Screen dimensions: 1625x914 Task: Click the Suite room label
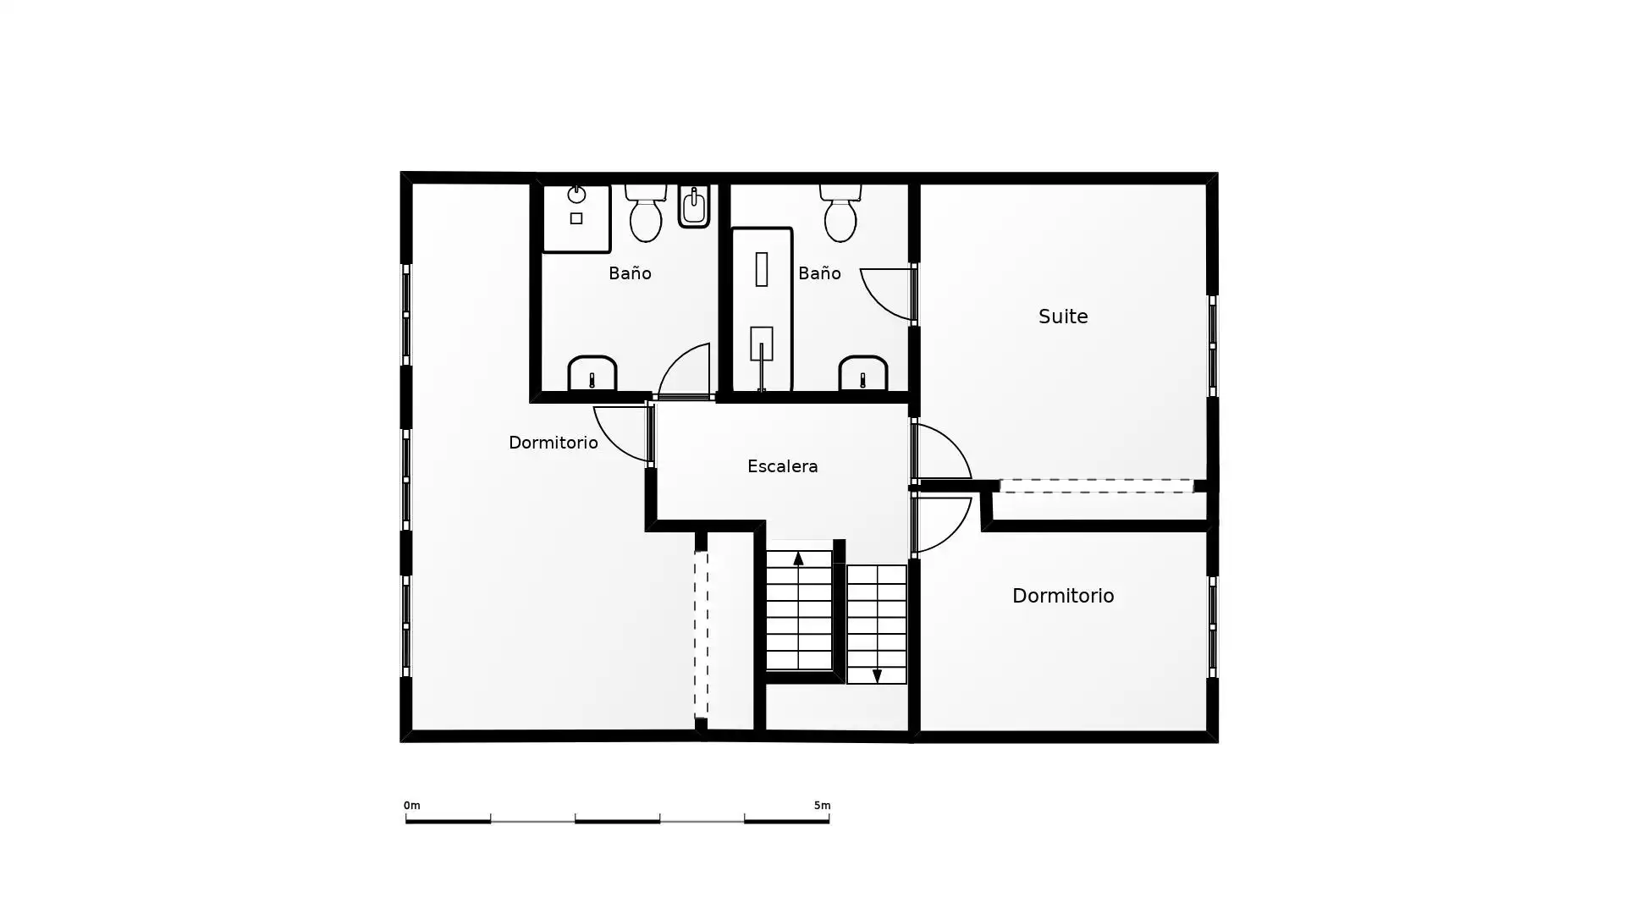pyautogui.click(x=1063, y=317)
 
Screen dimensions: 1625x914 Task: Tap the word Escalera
pyautogui.click(x=782, y=466)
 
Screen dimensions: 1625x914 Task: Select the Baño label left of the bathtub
pyautogui.click(x=630, y=273)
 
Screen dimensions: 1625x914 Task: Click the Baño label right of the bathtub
pyautogui.click(x=819, y=273)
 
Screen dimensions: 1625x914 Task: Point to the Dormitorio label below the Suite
pyautogui.click(x=1063, y=596)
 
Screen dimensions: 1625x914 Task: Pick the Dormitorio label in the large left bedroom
pyautogui.click(x=553, y=443)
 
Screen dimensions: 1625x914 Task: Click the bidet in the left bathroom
pyautogui.click(x=694, y=206)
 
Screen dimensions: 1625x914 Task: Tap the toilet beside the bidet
pyautogui.click(x=646, y=212)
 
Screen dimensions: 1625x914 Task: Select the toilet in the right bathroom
pyautogui.click(x=840, y=212)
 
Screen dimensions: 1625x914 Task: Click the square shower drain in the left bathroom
pyautogui.click(x=576, y=218)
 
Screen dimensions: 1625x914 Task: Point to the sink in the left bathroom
pyautogui.click(x=592, y=373)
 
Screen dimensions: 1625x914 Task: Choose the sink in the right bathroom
pyautogui.click(x=863, y=373)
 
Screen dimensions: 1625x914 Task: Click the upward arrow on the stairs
pyautogui.click(x=798, y=558)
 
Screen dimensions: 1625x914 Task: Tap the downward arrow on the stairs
pyautogui.click(x=877, y=675)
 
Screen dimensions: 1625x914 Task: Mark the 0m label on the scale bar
pyautogui.click(x=412, y=806)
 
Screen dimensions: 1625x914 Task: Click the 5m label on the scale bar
pyautogui.click(x=822, y=806)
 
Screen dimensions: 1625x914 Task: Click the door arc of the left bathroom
pyautogui.click(x=675, y=360)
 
